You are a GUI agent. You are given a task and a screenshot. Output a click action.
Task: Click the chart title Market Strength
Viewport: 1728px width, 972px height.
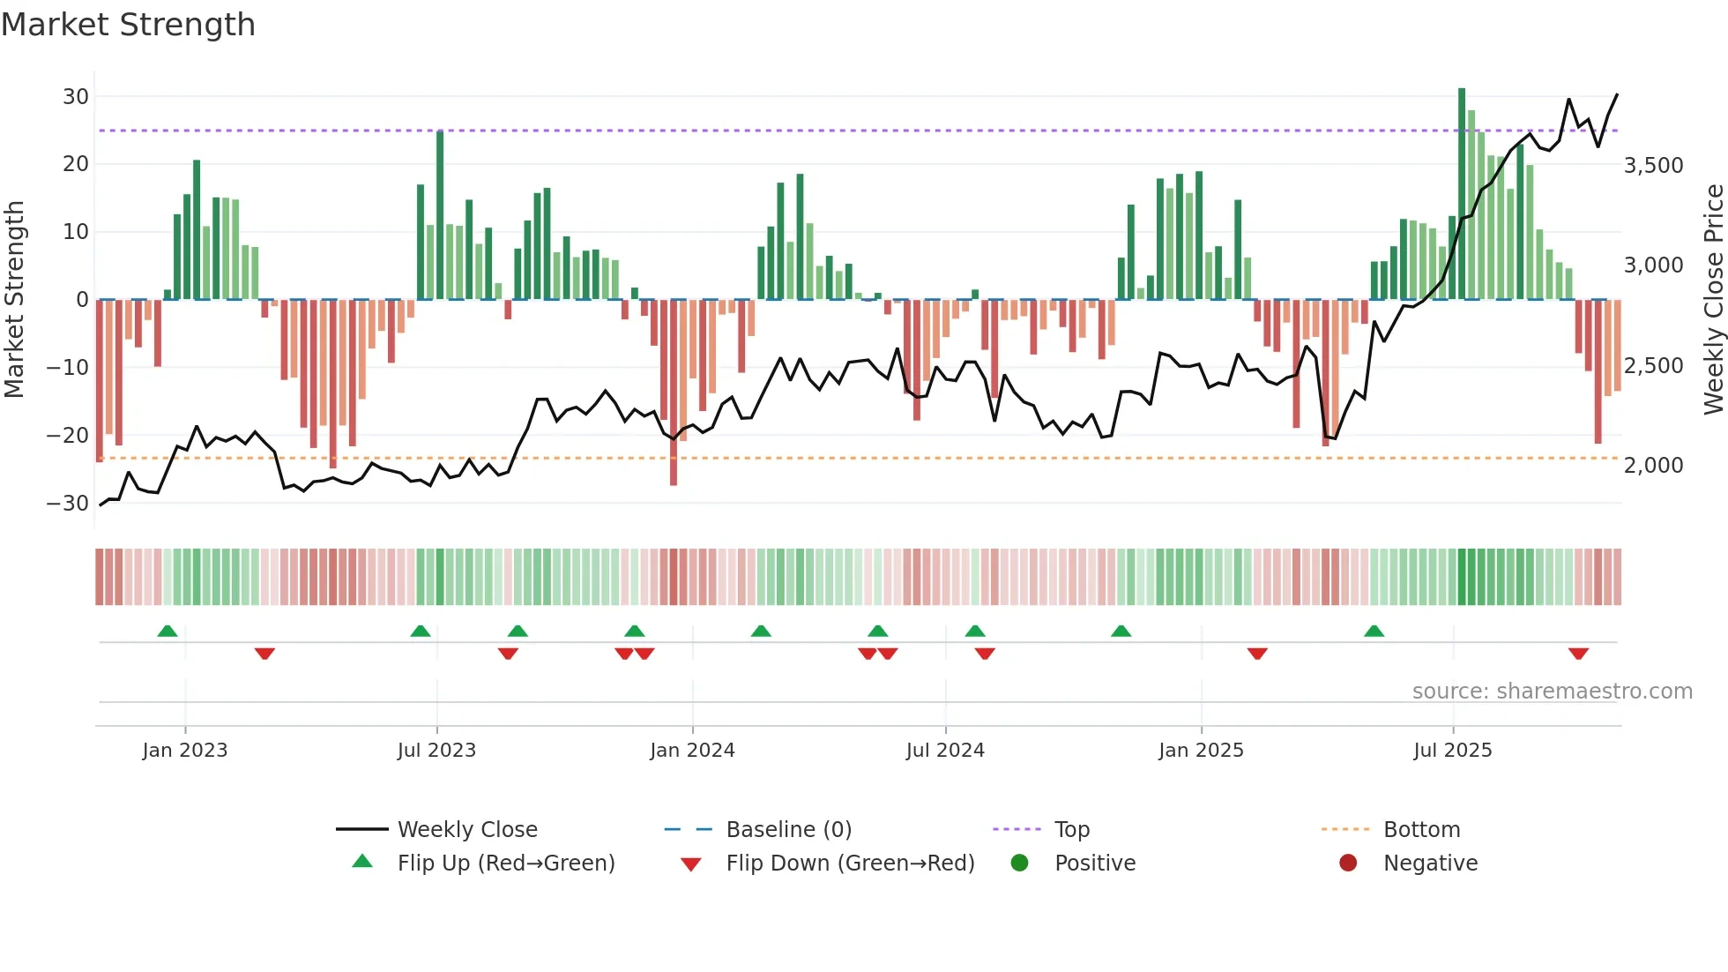click(x=128, y=25)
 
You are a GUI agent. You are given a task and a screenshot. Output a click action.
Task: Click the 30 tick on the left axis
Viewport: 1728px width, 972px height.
click(x=76, y=96)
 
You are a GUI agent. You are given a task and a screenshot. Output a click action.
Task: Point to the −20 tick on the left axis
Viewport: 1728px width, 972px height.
click(x=68, y=435)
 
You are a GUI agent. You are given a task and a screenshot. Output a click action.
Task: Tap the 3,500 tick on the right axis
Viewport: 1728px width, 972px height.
click(x=1653, y=166)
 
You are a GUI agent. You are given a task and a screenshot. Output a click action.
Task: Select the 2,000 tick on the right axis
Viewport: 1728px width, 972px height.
click(x=1653, y=466)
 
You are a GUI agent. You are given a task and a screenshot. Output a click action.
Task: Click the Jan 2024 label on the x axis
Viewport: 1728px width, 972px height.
click(x=692, y=751)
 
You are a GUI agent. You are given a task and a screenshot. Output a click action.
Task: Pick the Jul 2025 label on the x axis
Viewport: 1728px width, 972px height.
click(x=1452, y=751)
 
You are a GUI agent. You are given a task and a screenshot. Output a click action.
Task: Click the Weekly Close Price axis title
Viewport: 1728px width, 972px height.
click(x=1713, y=300)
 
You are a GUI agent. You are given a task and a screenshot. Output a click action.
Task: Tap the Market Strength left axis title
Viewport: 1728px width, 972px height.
click(x=14, y=300)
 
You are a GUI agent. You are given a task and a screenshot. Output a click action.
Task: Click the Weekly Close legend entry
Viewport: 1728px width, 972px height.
click(x=467, y=830)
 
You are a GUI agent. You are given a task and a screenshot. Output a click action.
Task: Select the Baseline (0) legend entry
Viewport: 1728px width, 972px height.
click(x=788, y=830)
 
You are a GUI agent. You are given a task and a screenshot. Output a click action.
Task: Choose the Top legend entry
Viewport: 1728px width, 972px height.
click(x=1071, y=830)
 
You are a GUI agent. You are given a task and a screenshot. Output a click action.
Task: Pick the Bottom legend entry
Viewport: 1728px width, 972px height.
click(x=1421, y=830)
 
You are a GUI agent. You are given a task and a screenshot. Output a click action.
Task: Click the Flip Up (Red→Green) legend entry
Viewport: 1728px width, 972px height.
click(x=505, y=864)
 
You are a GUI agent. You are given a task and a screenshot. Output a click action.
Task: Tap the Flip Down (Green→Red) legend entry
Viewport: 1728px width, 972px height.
click(x=850, y=864)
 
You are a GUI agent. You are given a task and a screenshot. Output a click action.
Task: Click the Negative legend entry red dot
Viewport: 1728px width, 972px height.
click(x=1348, y=864)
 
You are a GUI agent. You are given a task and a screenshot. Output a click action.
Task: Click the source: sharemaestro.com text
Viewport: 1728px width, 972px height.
click(x=1552, y=692)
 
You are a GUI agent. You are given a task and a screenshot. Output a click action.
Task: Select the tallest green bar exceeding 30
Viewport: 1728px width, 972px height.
click(x=1462, y=194)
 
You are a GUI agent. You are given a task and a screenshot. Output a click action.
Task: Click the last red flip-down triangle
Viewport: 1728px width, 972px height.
click(x=1578, y=654)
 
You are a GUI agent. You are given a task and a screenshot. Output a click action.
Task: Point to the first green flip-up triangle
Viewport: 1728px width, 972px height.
click(x=168, y=631)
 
